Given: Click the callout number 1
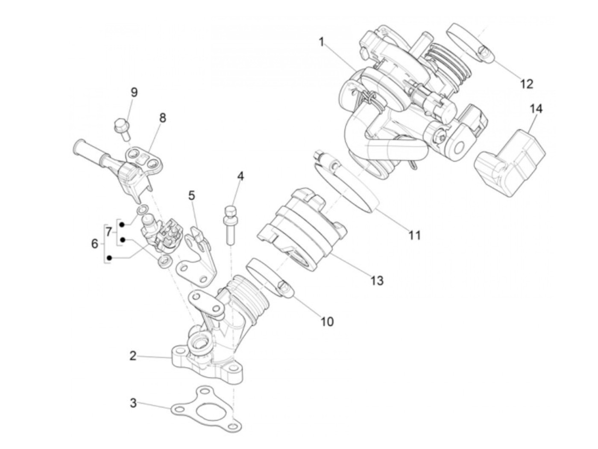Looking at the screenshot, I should point(322,42).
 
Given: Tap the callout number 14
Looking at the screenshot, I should point(536,109).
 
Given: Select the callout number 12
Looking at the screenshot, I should point(527,84).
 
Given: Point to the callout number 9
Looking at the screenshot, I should point(134,92).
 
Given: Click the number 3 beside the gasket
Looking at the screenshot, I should point(133,402).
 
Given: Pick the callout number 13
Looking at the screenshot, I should point(377,280).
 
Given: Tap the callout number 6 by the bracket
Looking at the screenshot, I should point(94,244).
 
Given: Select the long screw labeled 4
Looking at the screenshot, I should point(230,224).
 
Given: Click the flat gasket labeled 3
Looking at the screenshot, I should point(205,408).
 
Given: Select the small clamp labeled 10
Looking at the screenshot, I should point(269,277).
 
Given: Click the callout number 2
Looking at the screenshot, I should point(133,356).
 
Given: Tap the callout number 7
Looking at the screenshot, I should point(109,232).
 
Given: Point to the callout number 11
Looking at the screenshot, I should point(414,235).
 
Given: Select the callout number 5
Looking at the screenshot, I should point(191,195).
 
